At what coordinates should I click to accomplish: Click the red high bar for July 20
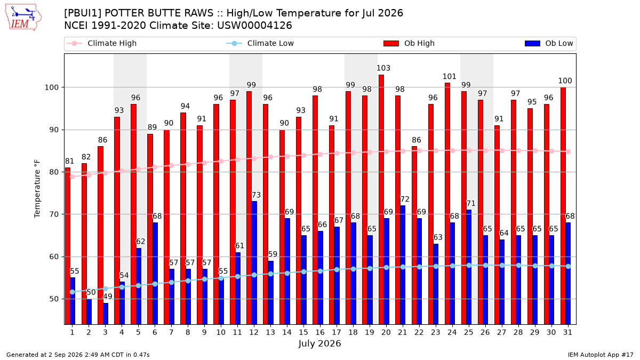381,199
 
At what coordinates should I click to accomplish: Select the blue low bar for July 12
254,263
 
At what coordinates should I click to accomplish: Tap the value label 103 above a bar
383,68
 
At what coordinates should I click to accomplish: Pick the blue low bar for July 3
106,314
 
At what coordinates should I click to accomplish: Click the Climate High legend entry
102,43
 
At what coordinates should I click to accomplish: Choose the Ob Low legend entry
549,43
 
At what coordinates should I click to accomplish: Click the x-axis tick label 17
337,333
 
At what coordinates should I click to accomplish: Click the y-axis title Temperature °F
37,189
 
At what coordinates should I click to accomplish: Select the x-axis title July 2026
319,343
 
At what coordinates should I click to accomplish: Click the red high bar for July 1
68,246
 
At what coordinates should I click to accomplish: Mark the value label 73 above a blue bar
256,195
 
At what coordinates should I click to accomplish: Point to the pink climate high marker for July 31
569,151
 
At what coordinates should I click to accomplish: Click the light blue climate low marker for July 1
73,292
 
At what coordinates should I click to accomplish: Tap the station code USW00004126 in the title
254,26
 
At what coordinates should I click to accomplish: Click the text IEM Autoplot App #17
601,355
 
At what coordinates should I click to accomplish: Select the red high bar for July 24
447,204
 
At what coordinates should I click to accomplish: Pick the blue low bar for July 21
403,265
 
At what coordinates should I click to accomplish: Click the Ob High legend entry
409,43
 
